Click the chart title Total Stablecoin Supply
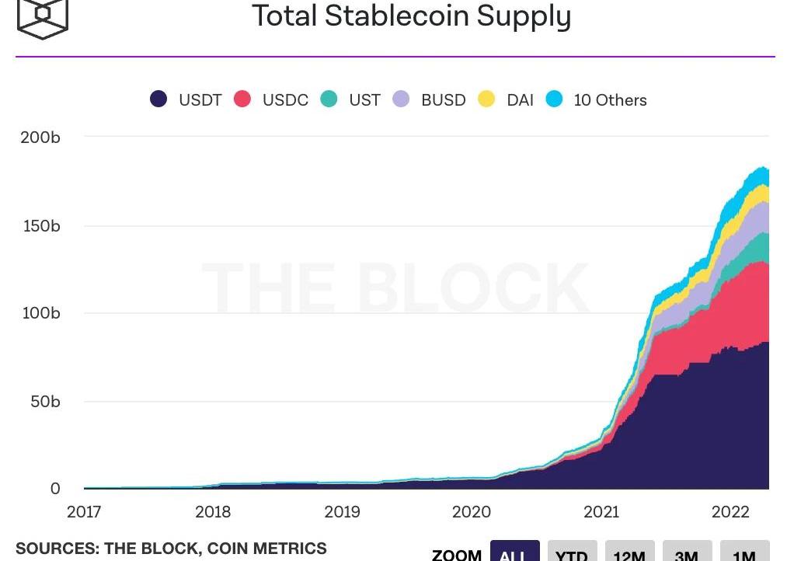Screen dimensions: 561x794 click(411, 16)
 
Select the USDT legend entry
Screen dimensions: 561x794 click(186, 100)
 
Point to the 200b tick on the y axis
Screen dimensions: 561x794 click(40, 138)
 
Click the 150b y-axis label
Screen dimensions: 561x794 click(40, 226)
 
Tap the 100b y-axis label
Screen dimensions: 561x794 click(40, 313)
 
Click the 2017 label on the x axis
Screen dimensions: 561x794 click(84, 512)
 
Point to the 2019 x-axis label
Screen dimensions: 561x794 click(342, 512)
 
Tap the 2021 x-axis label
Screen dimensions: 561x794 click(601, 512)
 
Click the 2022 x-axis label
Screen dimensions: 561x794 click(730, 512)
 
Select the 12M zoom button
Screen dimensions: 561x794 click(629, 553)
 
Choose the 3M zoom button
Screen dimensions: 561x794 click(687, 553)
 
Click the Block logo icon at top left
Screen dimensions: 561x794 click(43, 17)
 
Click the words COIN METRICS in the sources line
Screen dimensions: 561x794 click(266, 549)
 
